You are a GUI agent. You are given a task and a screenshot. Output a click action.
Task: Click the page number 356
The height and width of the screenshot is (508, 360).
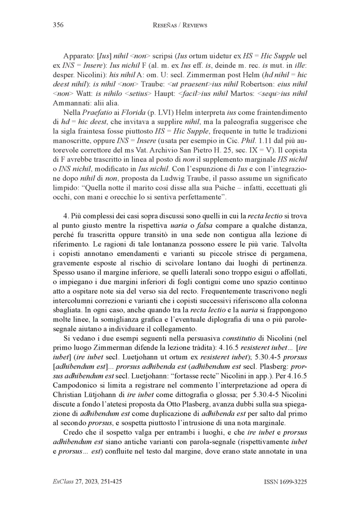[57, 25]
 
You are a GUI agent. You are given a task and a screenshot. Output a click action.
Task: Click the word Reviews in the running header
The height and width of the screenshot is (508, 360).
[194, 26]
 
